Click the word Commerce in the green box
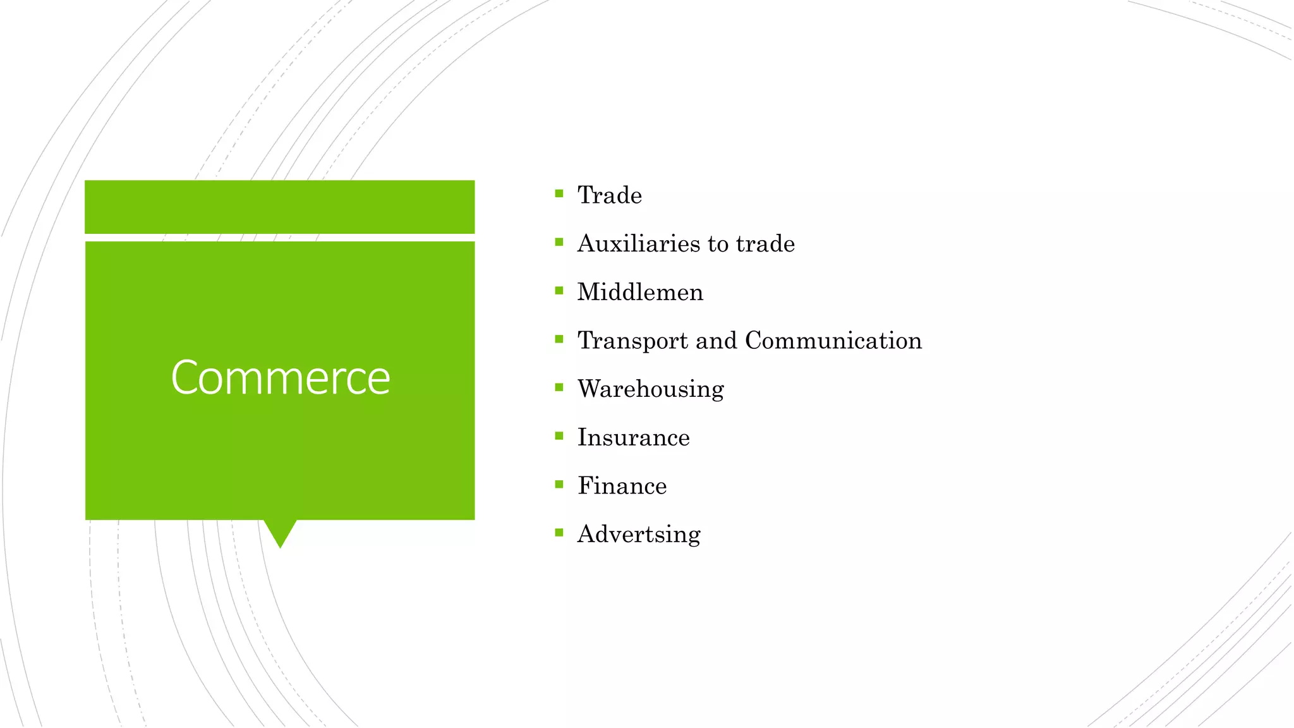coord(281,377)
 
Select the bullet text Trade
coord(610,195)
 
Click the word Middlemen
coord(640,293)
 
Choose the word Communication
coord(833,341)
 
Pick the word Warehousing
coord(651,389)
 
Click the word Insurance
coord(634,437)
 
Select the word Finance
coord(622,486)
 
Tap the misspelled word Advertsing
coord(639,535)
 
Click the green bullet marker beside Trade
coord(559,193)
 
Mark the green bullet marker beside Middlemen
coord(559,291)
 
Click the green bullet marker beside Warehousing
coord(559,387)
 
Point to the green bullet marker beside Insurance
coord(559,435)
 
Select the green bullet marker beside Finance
coord(559,484)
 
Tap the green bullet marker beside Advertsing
coord(559,533)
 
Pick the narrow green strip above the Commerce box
coord(280,207)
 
